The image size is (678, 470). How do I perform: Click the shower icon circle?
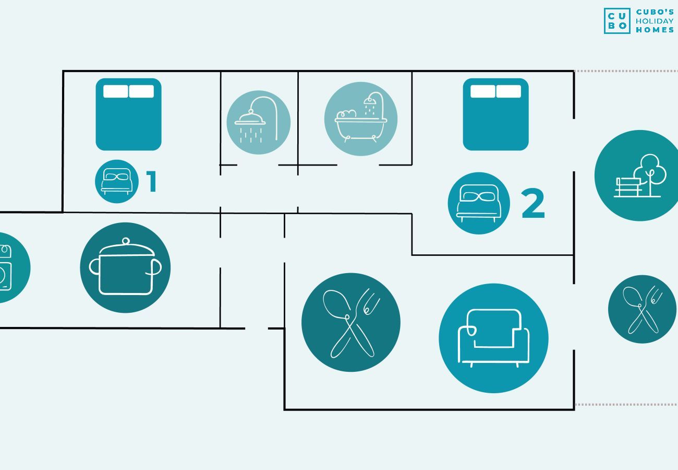pyautogui.click(x=259, y=122)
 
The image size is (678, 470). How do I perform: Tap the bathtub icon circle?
pyautogui.click(x=361, y=119)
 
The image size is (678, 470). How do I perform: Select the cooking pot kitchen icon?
pyautogui.click(x=125, y=267)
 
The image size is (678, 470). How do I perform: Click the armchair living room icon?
pyautogui.click(x=494, y=338)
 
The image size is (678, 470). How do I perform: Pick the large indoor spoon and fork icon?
pyautogui.click(x=351, y=322)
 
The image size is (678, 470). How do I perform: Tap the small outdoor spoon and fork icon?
pyautogui.click(x=643, y=309)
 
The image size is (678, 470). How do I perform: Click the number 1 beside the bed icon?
pyautogui.click(x=152, y=181)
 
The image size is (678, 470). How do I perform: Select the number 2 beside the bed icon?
pyautogui.click(x=534, y=203)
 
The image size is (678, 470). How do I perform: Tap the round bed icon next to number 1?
pyautogui.click(x=117, y=182)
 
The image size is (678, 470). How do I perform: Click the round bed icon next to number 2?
pyautogui.click(x=479, y=203)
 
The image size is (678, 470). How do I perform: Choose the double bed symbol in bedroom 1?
pyautogui.click(x=129, y=114)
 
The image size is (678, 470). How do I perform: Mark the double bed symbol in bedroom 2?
pyautogui.click(x=496, y=114)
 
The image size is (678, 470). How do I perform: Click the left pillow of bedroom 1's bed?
pyautogui.click(x=116, y=91)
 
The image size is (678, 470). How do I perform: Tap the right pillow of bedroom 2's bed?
pyautogui.click(x=508, y=91)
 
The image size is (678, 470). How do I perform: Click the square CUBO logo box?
pyautogui.click(x=617, y=21)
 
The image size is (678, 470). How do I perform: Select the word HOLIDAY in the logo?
pyautogui.click(x=655, y=21)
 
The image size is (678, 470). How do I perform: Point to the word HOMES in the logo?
pyautogui.click(x=655, y=30)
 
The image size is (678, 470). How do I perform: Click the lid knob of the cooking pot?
pyautogui.click(x=126, y=241)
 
